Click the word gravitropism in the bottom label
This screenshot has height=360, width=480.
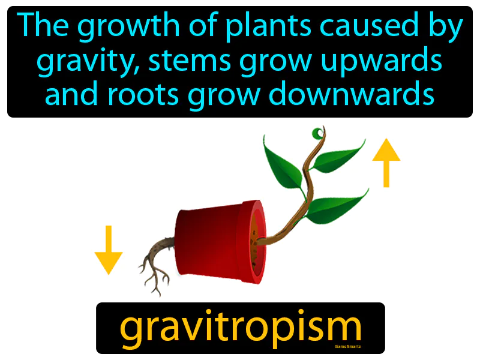[241, 328]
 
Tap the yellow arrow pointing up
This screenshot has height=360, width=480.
[386, 161]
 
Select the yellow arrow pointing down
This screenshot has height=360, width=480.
[109, 250]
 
